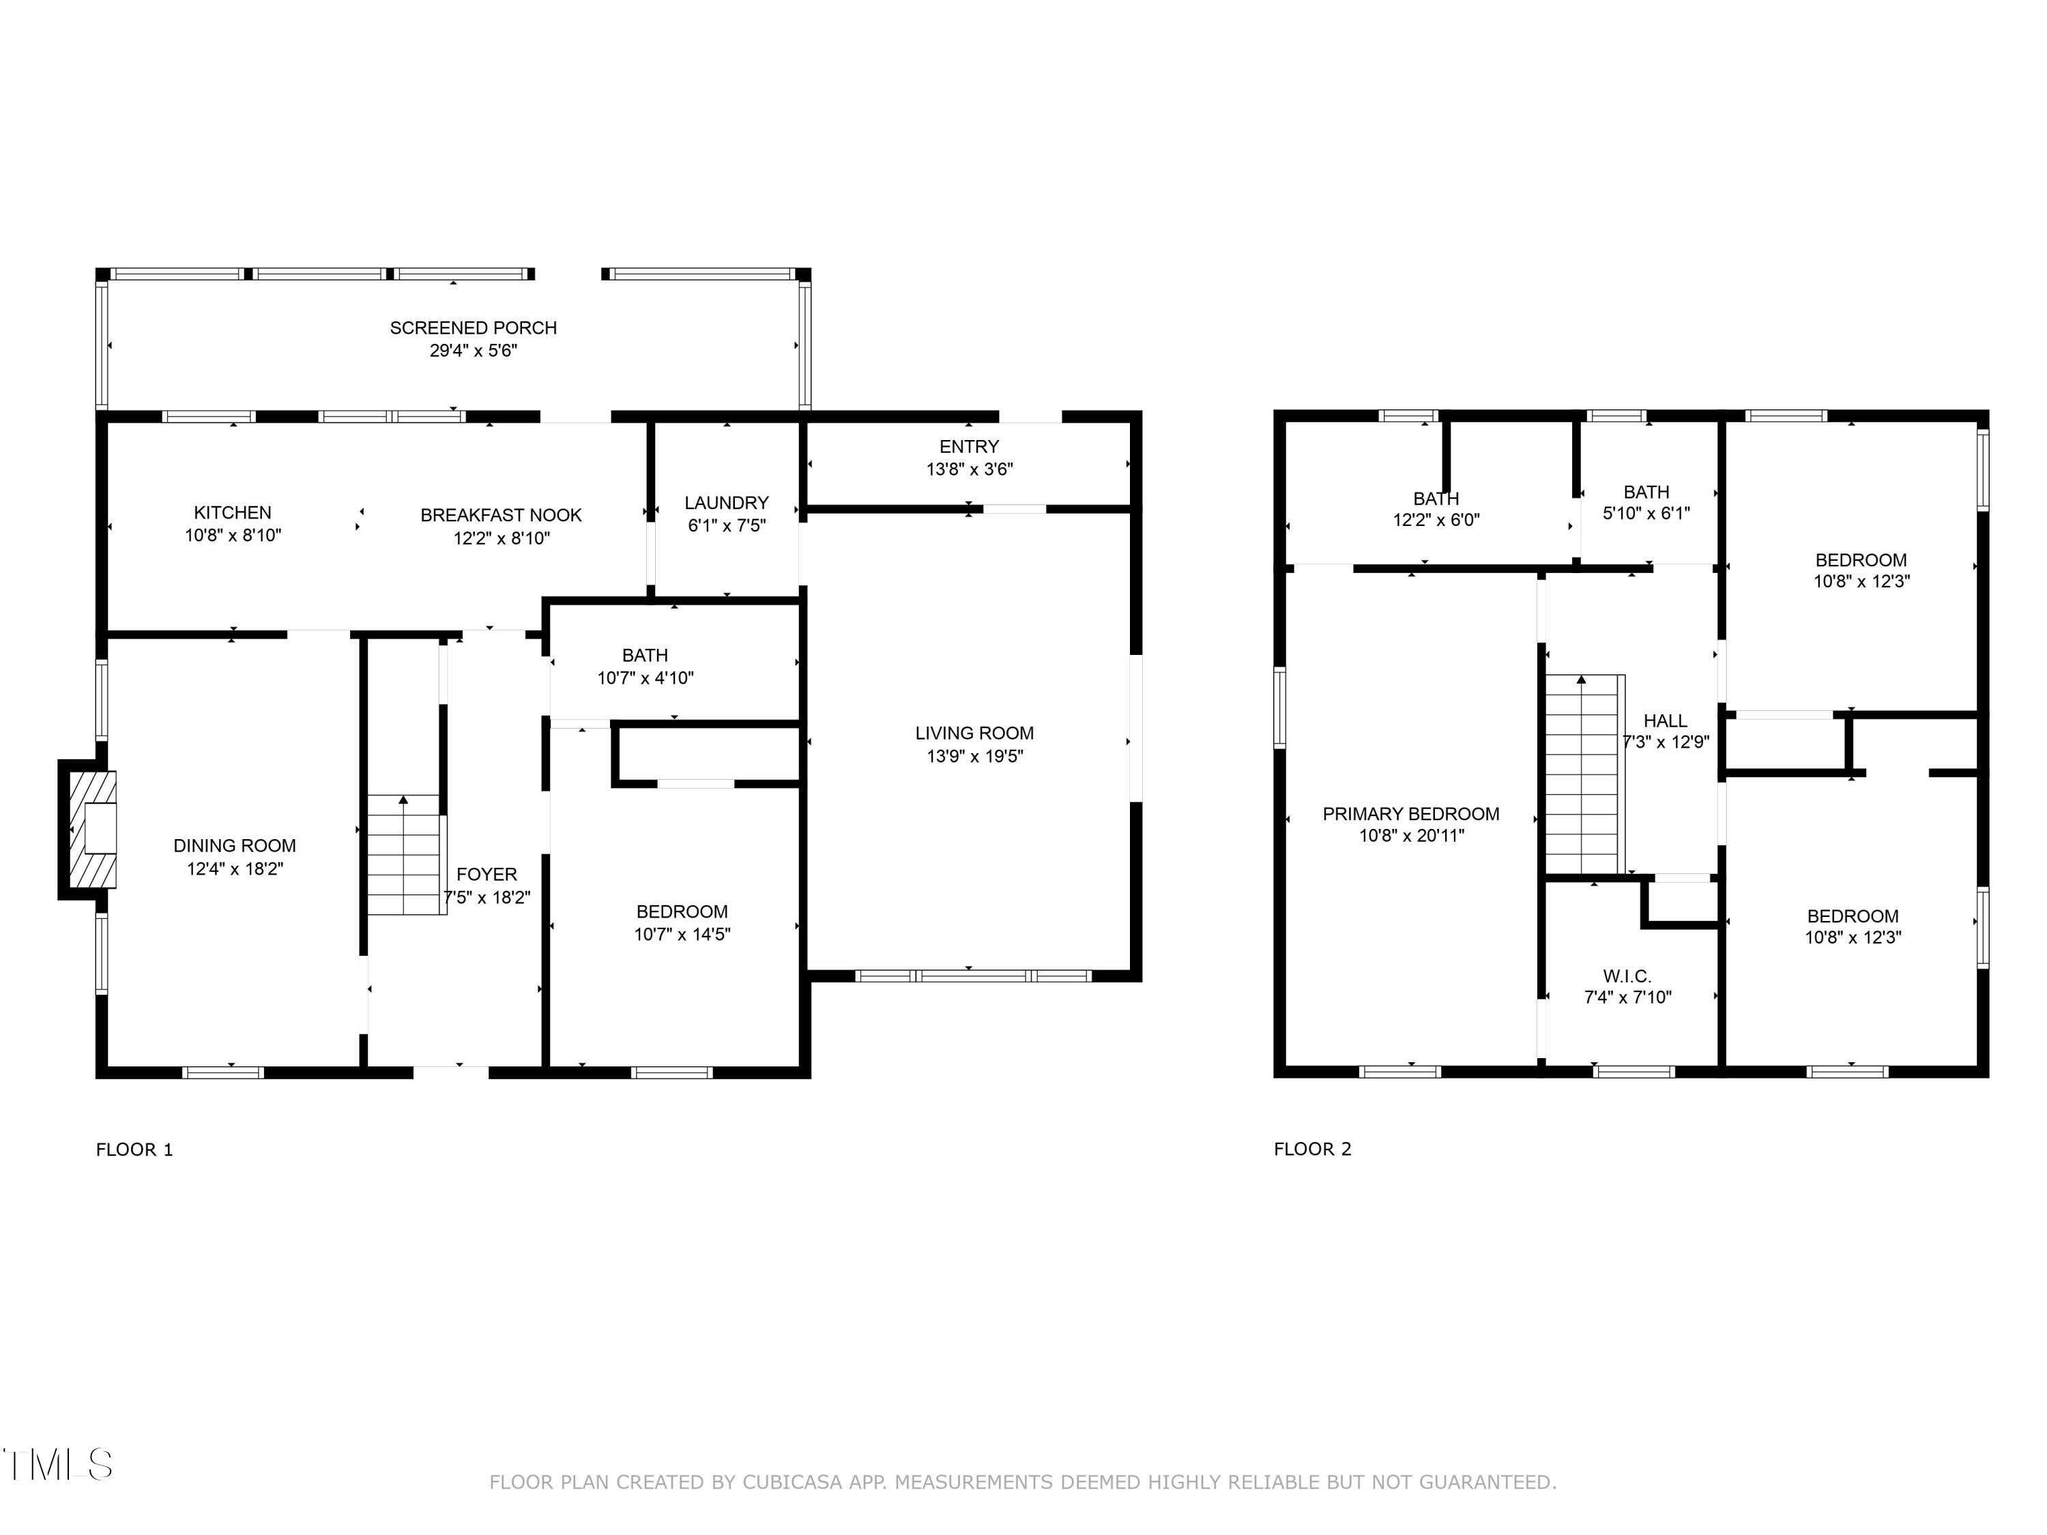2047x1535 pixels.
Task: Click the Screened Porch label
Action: [473, 327]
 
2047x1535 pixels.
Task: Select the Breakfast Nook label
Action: [501, 514]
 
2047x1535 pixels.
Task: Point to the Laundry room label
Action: [727, 502]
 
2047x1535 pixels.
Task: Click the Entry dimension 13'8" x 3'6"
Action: [969, 469]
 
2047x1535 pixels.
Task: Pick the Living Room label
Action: [974, 733]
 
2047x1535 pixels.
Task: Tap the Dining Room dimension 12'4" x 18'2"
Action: [234, 868]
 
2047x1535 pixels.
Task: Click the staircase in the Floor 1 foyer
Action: [405, 856]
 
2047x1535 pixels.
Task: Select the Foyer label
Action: [487, 873]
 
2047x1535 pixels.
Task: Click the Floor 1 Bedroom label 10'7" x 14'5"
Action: [682, 911]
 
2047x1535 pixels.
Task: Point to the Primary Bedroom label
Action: [1410, 813]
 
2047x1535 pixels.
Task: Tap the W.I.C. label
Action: [1627, 975]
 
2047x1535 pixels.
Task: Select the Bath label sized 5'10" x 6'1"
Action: [1646, 493]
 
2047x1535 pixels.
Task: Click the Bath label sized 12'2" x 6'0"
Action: [1436, 499]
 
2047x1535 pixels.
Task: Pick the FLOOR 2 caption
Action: [1312, 1149]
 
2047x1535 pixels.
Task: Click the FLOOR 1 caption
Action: [134, 1149]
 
